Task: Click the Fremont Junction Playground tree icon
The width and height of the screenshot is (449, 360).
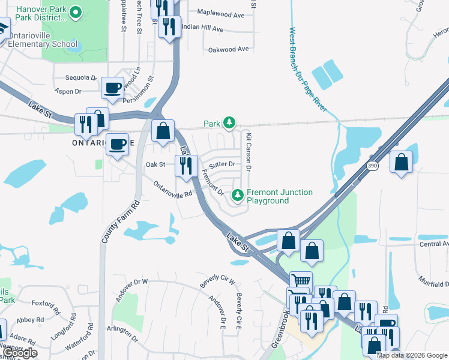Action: [238, 196]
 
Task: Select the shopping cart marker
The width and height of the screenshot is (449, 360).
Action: [301, 281]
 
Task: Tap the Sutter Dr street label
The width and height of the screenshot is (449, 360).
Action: [222, 163]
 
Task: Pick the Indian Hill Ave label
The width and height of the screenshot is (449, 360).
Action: [202, 28]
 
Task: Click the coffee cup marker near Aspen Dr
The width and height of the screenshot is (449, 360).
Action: [113, 88]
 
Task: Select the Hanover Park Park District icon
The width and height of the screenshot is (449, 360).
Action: [76, 12]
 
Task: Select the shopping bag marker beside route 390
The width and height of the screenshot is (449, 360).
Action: [401, 162]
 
